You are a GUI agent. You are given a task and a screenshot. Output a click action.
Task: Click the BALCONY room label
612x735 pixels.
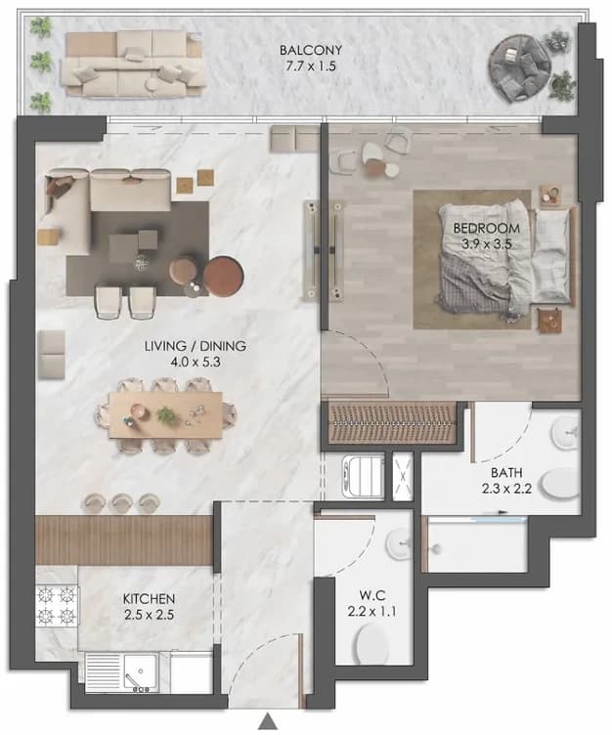(x=311, y=50)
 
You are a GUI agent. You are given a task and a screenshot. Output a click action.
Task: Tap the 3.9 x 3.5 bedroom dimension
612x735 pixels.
(x=486, y=243)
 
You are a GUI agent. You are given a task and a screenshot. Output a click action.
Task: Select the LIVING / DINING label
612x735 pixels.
(x=196, y=346)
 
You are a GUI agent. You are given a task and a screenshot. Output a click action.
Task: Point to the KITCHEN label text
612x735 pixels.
(x=149, y=598)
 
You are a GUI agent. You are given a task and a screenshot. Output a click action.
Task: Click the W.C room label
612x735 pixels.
(x=372, y=595)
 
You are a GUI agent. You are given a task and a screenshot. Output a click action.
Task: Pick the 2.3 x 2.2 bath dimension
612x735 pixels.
(x=506, y=489)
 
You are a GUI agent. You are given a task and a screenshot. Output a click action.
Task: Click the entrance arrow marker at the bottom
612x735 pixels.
(x=268, y=720)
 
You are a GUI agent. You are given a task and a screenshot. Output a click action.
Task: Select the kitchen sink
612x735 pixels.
(x=140, y=672)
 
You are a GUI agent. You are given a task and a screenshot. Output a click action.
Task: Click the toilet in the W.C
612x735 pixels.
(x=372, y=643)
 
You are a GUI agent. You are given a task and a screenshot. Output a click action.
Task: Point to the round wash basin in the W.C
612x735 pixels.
(x=399, y=543)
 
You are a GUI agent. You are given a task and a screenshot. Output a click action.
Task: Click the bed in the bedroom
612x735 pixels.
(x=505, y=261)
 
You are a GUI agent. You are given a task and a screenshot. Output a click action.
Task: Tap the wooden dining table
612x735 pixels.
(x=165, y=415)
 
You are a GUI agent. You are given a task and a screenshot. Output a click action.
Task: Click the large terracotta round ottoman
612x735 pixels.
(x=223, y=277)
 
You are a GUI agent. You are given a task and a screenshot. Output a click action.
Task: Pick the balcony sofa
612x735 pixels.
(x=133, y=65)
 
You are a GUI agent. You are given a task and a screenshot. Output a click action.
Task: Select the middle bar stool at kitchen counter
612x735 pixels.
(x=121, y=503)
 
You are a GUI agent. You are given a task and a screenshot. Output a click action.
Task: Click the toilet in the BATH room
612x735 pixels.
(x=561, y=484)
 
